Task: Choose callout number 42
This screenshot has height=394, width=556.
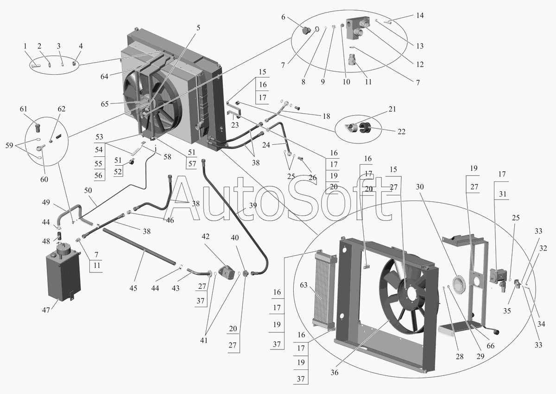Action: pyautogui.click(x=206, y=236)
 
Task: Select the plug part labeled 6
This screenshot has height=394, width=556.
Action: pyautogui.click(x=306, y=31)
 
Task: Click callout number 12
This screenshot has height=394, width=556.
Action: pyautogui.click(x=420, y=64)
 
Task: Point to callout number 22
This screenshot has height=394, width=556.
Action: pyautogui.click(x=402, y=131)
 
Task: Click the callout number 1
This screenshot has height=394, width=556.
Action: pyautogui.click(x=25, y=46)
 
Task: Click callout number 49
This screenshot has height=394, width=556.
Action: pyautogui.click(x=46, y=203)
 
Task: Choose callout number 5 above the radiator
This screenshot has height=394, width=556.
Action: pyautogui.click(x=198, y=28)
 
